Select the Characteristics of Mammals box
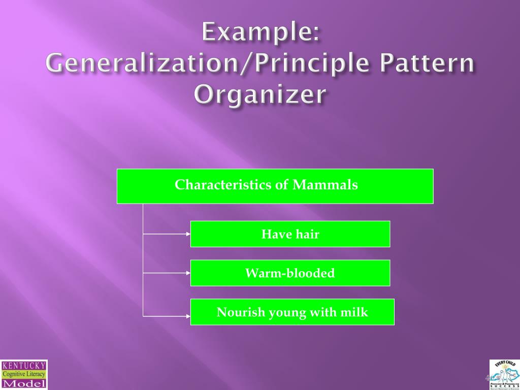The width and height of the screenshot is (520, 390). pyautogui.click(x=275, y=186)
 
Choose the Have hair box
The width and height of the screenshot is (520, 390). pyautogui.click(x=290, y=234)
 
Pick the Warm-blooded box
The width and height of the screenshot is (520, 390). pyautogui.click(x=290, y=273)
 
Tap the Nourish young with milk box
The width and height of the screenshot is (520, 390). pyautogui.click(x=292, y=312)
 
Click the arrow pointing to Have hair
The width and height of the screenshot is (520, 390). pyautogui.click(x=168, y=234)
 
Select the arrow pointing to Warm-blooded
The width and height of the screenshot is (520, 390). pyautogui.click(x=168, y=273)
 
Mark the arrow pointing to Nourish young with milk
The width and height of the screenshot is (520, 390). pyautogui.click(x=168, y=316)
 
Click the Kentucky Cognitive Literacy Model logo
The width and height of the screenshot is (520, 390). pyautogui.click(x=24, y=375)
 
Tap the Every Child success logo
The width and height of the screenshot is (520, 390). pyautogui.click(x=504, y=375)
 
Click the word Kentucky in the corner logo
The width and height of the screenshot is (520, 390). pyautogui.click(x=24, y=365)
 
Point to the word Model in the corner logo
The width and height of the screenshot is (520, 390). pyautogui.click(x=24, y=383)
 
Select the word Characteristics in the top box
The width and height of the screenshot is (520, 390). pyautogui.click(x=223, y=185)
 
